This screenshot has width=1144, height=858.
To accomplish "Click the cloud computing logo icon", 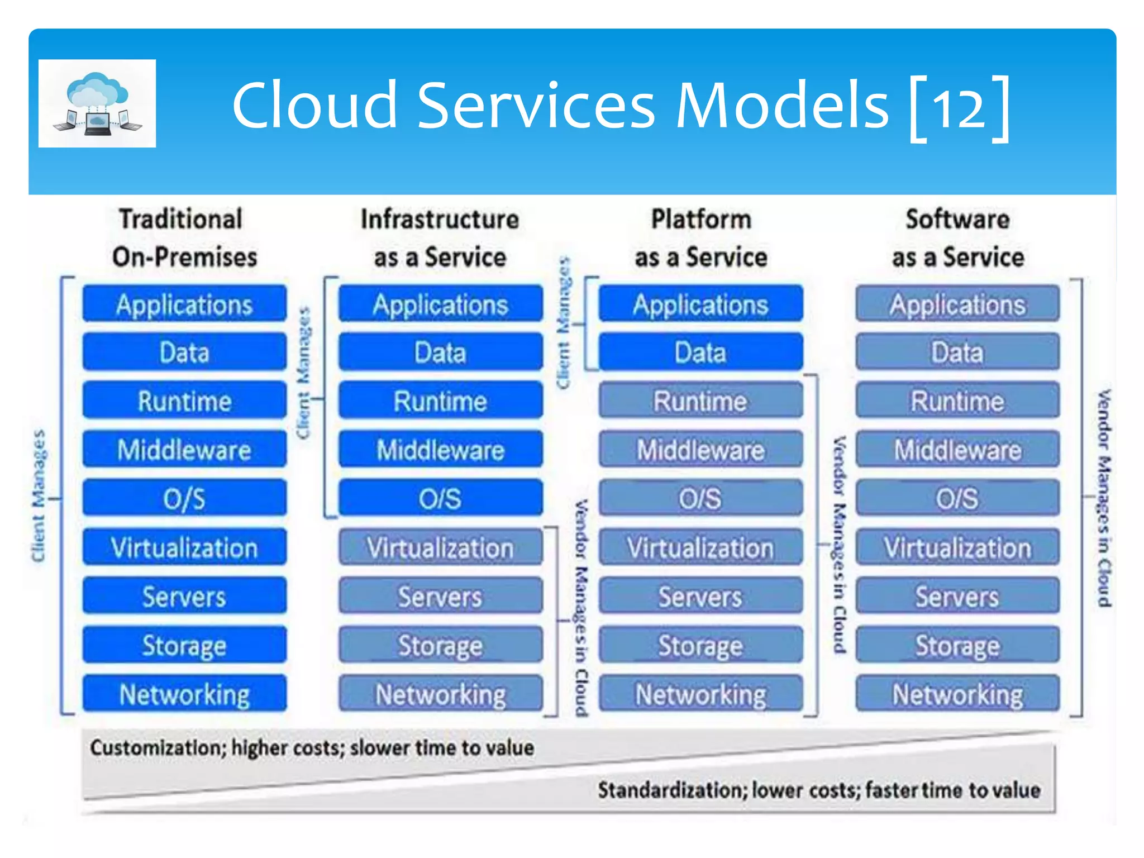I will pyautogui.click(x=97, y=103).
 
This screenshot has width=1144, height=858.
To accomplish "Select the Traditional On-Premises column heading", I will pyautogui.click(x=184, y=238).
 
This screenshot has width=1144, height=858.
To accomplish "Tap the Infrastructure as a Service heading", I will pyautogui.click(x=440, y=238).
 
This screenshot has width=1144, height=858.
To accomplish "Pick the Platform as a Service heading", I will pyautogui.click(x=701, y=238).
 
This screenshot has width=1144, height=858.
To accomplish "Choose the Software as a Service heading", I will pyautogui.click(x=958, y=238).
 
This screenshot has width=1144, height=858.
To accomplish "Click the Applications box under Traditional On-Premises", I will pyautogui.click(x=184, y=304).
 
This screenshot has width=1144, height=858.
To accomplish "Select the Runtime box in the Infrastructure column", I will pyautogui.click(x=440, y=401).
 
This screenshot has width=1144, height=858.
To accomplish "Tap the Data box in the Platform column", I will pyautogui.click(x=700, y=352).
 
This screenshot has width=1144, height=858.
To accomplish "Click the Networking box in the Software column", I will pyautogui.click(x=957, y=694).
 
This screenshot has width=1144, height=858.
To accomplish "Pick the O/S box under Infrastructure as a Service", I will pyautogui.click(x=440, y=498).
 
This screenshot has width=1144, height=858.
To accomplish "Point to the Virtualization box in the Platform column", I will pyautogui.click(x=700, y=547).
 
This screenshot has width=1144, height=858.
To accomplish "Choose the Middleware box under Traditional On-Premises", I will pyautogui.click(x=184, y=450).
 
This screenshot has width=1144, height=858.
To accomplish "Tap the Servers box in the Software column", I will pyautogui.click(x=957, y=597).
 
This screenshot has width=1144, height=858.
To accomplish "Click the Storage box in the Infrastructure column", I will pyautogui.click(x=440, y=646).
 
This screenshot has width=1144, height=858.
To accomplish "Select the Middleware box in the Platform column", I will pyautogui.click(x=700, y=450).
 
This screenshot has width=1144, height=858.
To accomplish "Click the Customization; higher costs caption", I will pyautogui.click(x=312, y=748).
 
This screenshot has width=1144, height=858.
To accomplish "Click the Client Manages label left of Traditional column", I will pyautogui.click(x=38, y=496).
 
